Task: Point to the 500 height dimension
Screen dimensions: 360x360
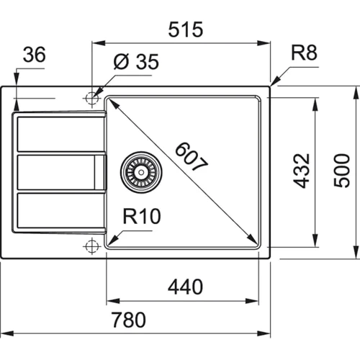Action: pyautogui.click(x=345, y=171)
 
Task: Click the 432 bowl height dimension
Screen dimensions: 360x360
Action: pyautogui.click(x=302, y=171)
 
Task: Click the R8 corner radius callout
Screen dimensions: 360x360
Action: pyautogui.click(x=305, y=53)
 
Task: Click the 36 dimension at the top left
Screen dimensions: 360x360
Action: pyautogui.click(x=31, y=54)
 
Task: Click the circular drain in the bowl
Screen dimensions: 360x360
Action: pyautogui.click(x=138, y=170)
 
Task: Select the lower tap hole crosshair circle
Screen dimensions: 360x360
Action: pyautogui.click(x=91, y=246)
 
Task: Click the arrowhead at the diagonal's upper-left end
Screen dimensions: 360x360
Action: pyautogui.click(x=110, y=102)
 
